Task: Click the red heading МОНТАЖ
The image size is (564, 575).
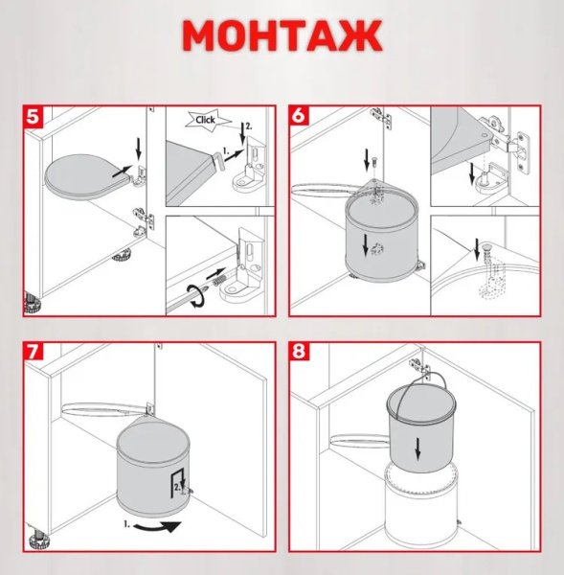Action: pos(282,36)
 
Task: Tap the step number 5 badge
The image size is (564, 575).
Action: pos(33,116)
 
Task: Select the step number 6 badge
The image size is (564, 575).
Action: pos(299,116)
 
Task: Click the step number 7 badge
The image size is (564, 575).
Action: pos(33,352)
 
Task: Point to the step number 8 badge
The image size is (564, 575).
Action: pos(299,352)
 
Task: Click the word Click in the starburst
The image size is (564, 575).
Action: pos(205,120)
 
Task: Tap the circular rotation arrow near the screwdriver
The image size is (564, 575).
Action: pos(197,295)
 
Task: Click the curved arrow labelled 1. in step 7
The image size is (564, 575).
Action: pos(158,527)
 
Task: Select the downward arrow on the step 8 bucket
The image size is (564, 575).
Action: pos(417,449)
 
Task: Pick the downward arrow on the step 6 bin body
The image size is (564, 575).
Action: pos(365,245)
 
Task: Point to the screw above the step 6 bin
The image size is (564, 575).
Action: pos(373,161)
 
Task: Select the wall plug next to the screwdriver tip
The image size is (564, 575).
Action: pos(219,283)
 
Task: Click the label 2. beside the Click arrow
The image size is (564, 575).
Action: pos(249,126)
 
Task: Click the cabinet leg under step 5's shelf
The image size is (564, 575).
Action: pos(122,255)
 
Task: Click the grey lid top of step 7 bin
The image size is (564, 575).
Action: pos(153,443)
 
